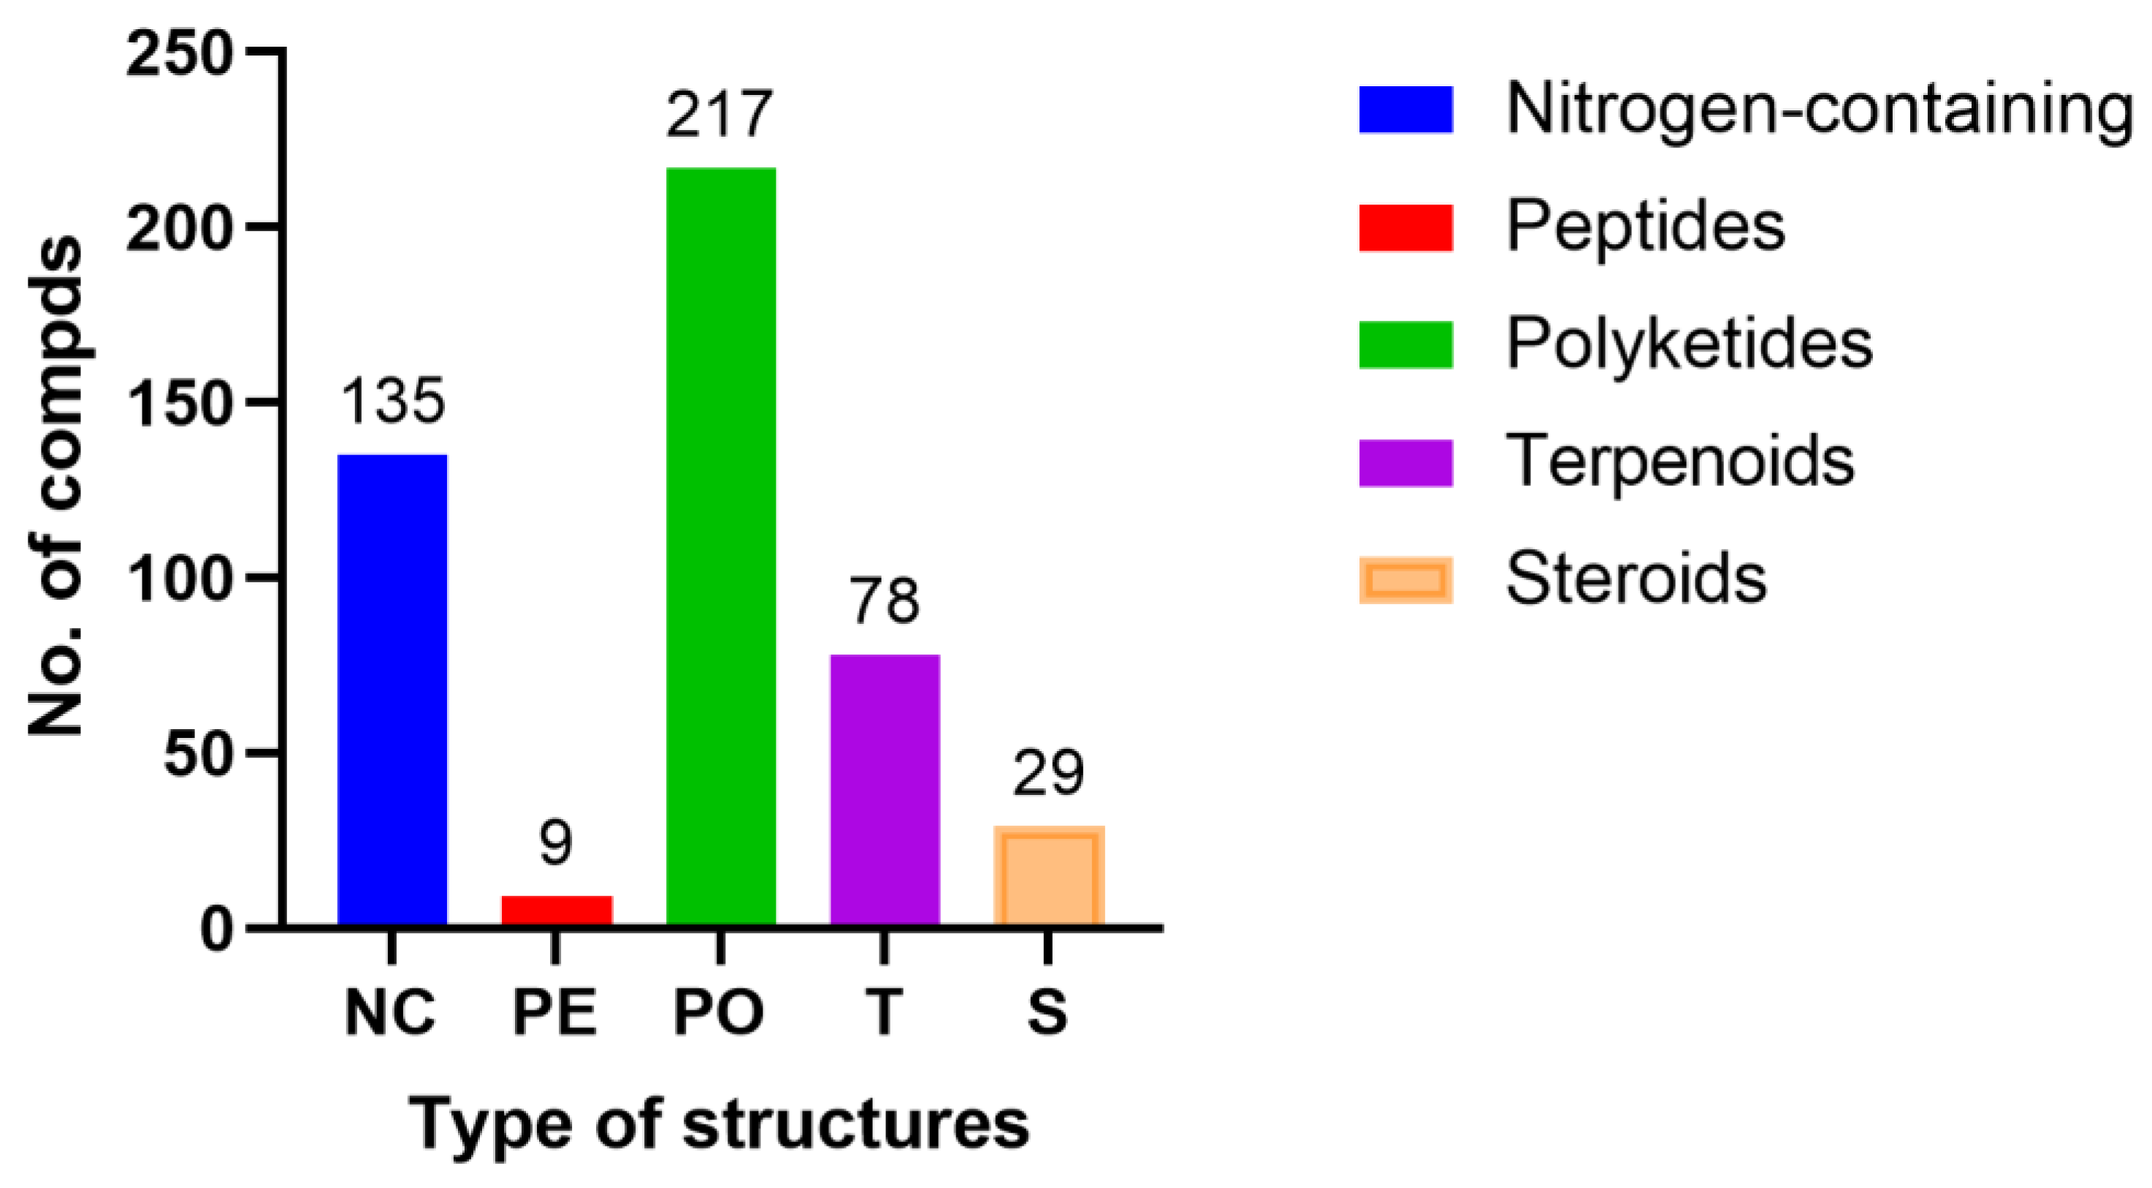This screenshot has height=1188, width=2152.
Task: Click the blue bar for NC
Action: tap(392, 689)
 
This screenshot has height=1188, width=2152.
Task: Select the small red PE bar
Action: tap(557, 910)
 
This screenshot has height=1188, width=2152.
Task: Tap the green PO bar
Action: tap(720, 547)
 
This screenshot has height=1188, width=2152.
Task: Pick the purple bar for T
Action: tap(885, 790)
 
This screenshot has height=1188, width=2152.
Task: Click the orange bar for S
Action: tap(1049, 875)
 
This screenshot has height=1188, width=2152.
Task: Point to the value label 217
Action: tap(720, 115)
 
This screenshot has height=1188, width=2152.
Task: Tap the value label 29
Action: tap(1048, 774)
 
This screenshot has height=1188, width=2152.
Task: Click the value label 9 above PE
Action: tap(556, 844)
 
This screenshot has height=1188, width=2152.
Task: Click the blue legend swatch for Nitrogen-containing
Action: tap(1405, 110)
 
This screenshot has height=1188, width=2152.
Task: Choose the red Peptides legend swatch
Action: tap(1405, 227)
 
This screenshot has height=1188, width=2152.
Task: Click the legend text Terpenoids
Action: tap(1679, 461)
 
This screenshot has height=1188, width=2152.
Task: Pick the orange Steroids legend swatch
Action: tap(1405, 580)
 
